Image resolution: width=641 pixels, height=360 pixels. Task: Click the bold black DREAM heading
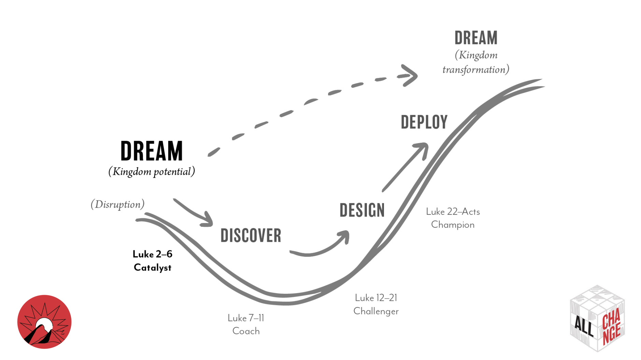coord(152,151)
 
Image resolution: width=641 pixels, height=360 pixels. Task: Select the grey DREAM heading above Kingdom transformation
coord(476,38)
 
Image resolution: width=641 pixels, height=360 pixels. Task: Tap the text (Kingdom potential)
coord(152,171)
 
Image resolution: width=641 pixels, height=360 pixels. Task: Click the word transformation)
coord(475,70)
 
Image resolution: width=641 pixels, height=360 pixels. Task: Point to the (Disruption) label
coord(117,204)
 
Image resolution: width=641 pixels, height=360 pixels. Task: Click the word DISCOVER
coord(251,236)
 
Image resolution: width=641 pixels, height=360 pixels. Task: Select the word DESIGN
coord(362,210)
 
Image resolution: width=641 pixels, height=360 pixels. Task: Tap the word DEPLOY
coord(424,122)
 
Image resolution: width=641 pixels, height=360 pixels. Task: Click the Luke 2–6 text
coord(152,254)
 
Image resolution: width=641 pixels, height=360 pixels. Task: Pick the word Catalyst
coord(152,267)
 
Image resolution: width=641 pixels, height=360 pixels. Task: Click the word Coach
coord(246,331)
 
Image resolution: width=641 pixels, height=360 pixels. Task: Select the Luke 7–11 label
coord(246,318)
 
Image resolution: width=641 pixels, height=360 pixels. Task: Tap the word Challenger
coord(376,311)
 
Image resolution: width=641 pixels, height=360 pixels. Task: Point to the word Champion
coord(453,225)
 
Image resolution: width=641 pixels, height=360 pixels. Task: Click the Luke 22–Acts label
coord(453,212)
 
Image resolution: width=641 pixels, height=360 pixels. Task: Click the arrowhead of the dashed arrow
coord(410,75)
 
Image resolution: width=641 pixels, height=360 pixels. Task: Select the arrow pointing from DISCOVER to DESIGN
coord(321,248)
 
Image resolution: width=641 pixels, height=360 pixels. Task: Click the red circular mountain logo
coord(44,322)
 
